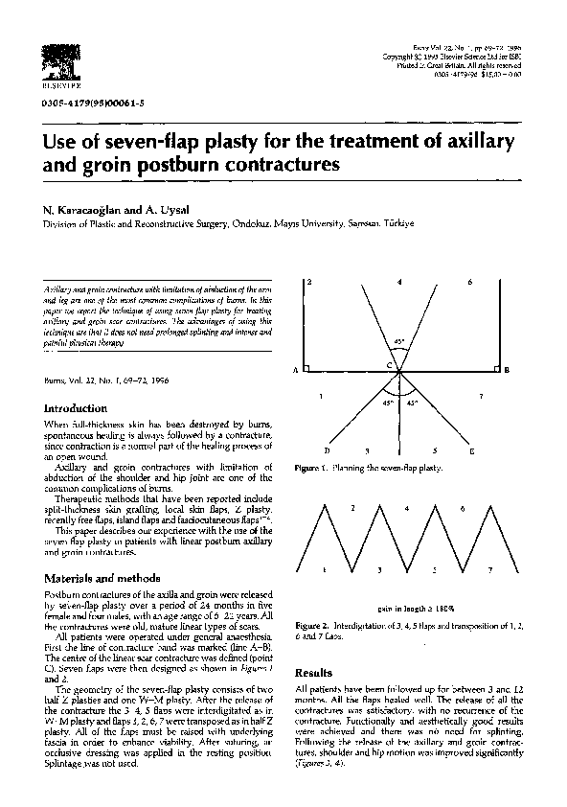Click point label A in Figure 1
coord(295,370)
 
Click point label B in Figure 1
coord(507,370)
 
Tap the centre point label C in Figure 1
coord(389,366)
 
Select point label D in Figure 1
coord(327,450)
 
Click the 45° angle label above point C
coord(398,342)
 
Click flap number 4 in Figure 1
coord(399,283)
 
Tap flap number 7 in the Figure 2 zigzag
coord(489,569)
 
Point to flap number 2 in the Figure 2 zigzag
coord(352,507)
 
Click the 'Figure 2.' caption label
coord(313,623)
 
